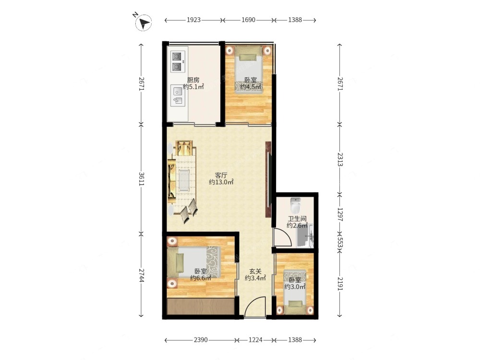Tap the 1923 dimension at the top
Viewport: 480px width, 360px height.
[193, 20]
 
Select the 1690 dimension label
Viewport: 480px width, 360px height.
[248, 20]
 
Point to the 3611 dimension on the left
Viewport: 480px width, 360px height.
[142, 179]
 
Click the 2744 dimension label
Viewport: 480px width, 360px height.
[142, 276]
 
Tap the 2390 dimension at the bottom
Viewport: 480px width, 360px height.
[201, 340]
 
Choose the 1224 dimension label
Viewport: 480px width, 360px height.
[255, 340]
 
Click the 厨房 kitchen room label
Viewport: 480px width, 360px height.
[193, 80]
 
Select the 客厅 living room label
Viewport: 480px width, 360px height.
[221, 175]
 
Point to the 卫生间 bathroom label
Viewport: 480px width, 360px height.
[297, 219]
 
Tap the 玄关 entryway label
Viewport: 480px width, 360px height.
[255, 271]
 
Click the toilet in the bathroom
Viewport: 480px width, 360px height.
[296, 205]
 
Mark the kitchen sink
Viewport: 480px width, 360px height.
[178, 95]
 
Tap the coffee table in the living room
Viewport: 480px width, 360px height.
[184, 180]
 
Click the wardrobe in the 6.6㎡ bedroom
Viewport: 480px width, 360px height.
[201, 306]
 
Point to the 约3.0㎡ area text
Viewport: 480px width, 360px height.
[295, 287]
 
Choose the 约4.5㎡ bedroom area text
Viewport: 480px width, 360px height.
[251, 87]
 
